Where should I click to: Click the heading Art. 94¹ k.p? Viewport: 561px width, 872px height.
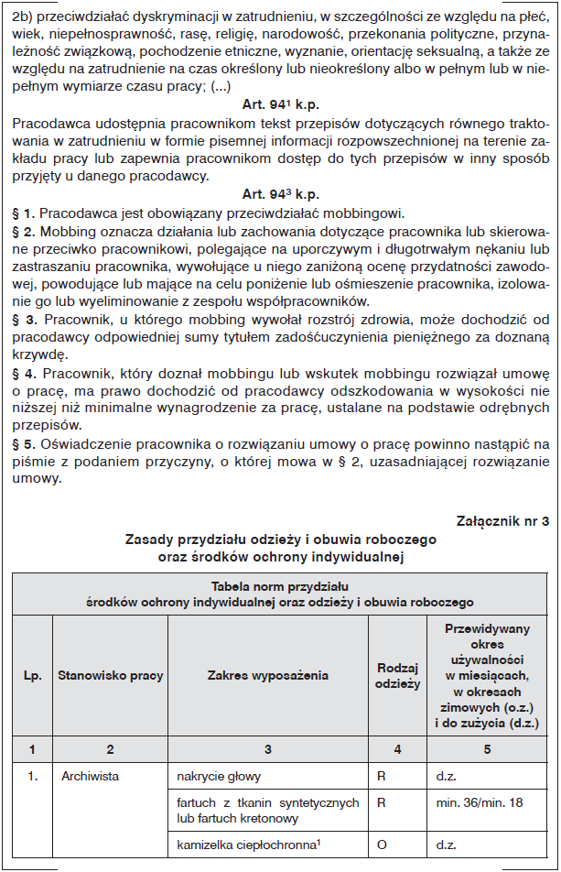click(280, 105)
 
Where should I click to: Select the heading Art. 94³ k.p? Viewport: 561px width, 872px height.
click(280, 194)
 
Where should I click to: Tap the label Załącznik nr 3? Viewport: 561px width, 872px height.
click(502, 521)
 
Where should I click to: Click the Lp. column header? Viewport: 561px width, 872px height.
click(32, 675)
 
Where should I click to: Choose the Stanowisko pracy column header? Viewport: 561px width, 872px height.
click(110, 675)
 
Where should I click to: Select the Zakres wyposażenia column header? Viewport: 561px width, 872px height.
click(267, 675)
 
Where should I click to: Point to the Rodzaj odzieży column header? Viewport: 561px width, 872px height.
click(397, 675)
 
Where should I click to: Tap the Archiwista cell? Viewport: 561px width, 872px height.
click(91, 776)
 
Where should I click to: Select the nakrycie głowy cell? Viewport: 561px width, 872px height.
click(219, 776)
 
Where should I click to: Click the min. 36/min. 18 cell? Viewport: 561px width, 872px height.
click(478, 803)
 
